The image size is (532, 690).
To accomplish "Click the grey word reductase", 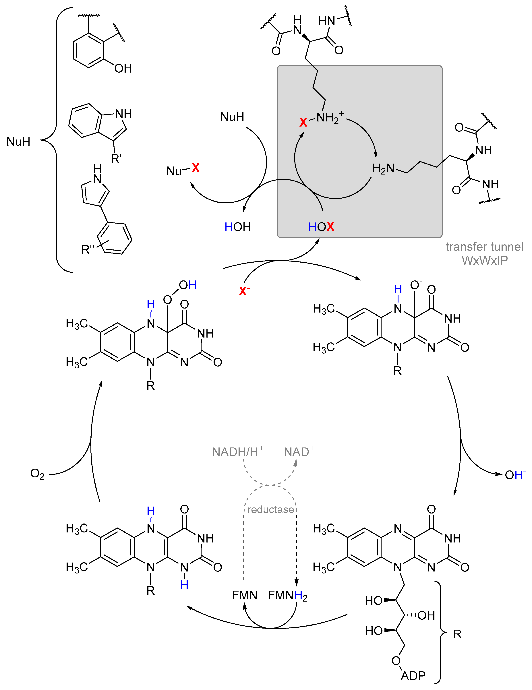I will pyautogui.click(x=270, y=509).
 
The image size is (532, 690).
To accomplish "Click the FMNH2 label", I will pyautogui.click(x=287, y=595).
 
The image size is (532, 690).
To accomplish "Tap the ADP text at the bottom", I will pyautogui.click(x=413, y=675).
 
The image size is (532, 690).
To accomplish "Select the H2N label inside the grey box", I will pyautogui.click(x=383, y=168).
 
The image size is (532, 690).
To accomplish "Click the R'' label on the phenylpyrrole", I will pyautogui.click(x=88, y=250).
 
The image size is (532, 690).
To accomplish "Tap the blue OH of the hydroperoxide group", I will pyautogui.click(x=188, y=285).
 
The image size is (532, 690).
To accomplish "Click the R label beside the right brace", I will pyautogui.click(x=457, y=634).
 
